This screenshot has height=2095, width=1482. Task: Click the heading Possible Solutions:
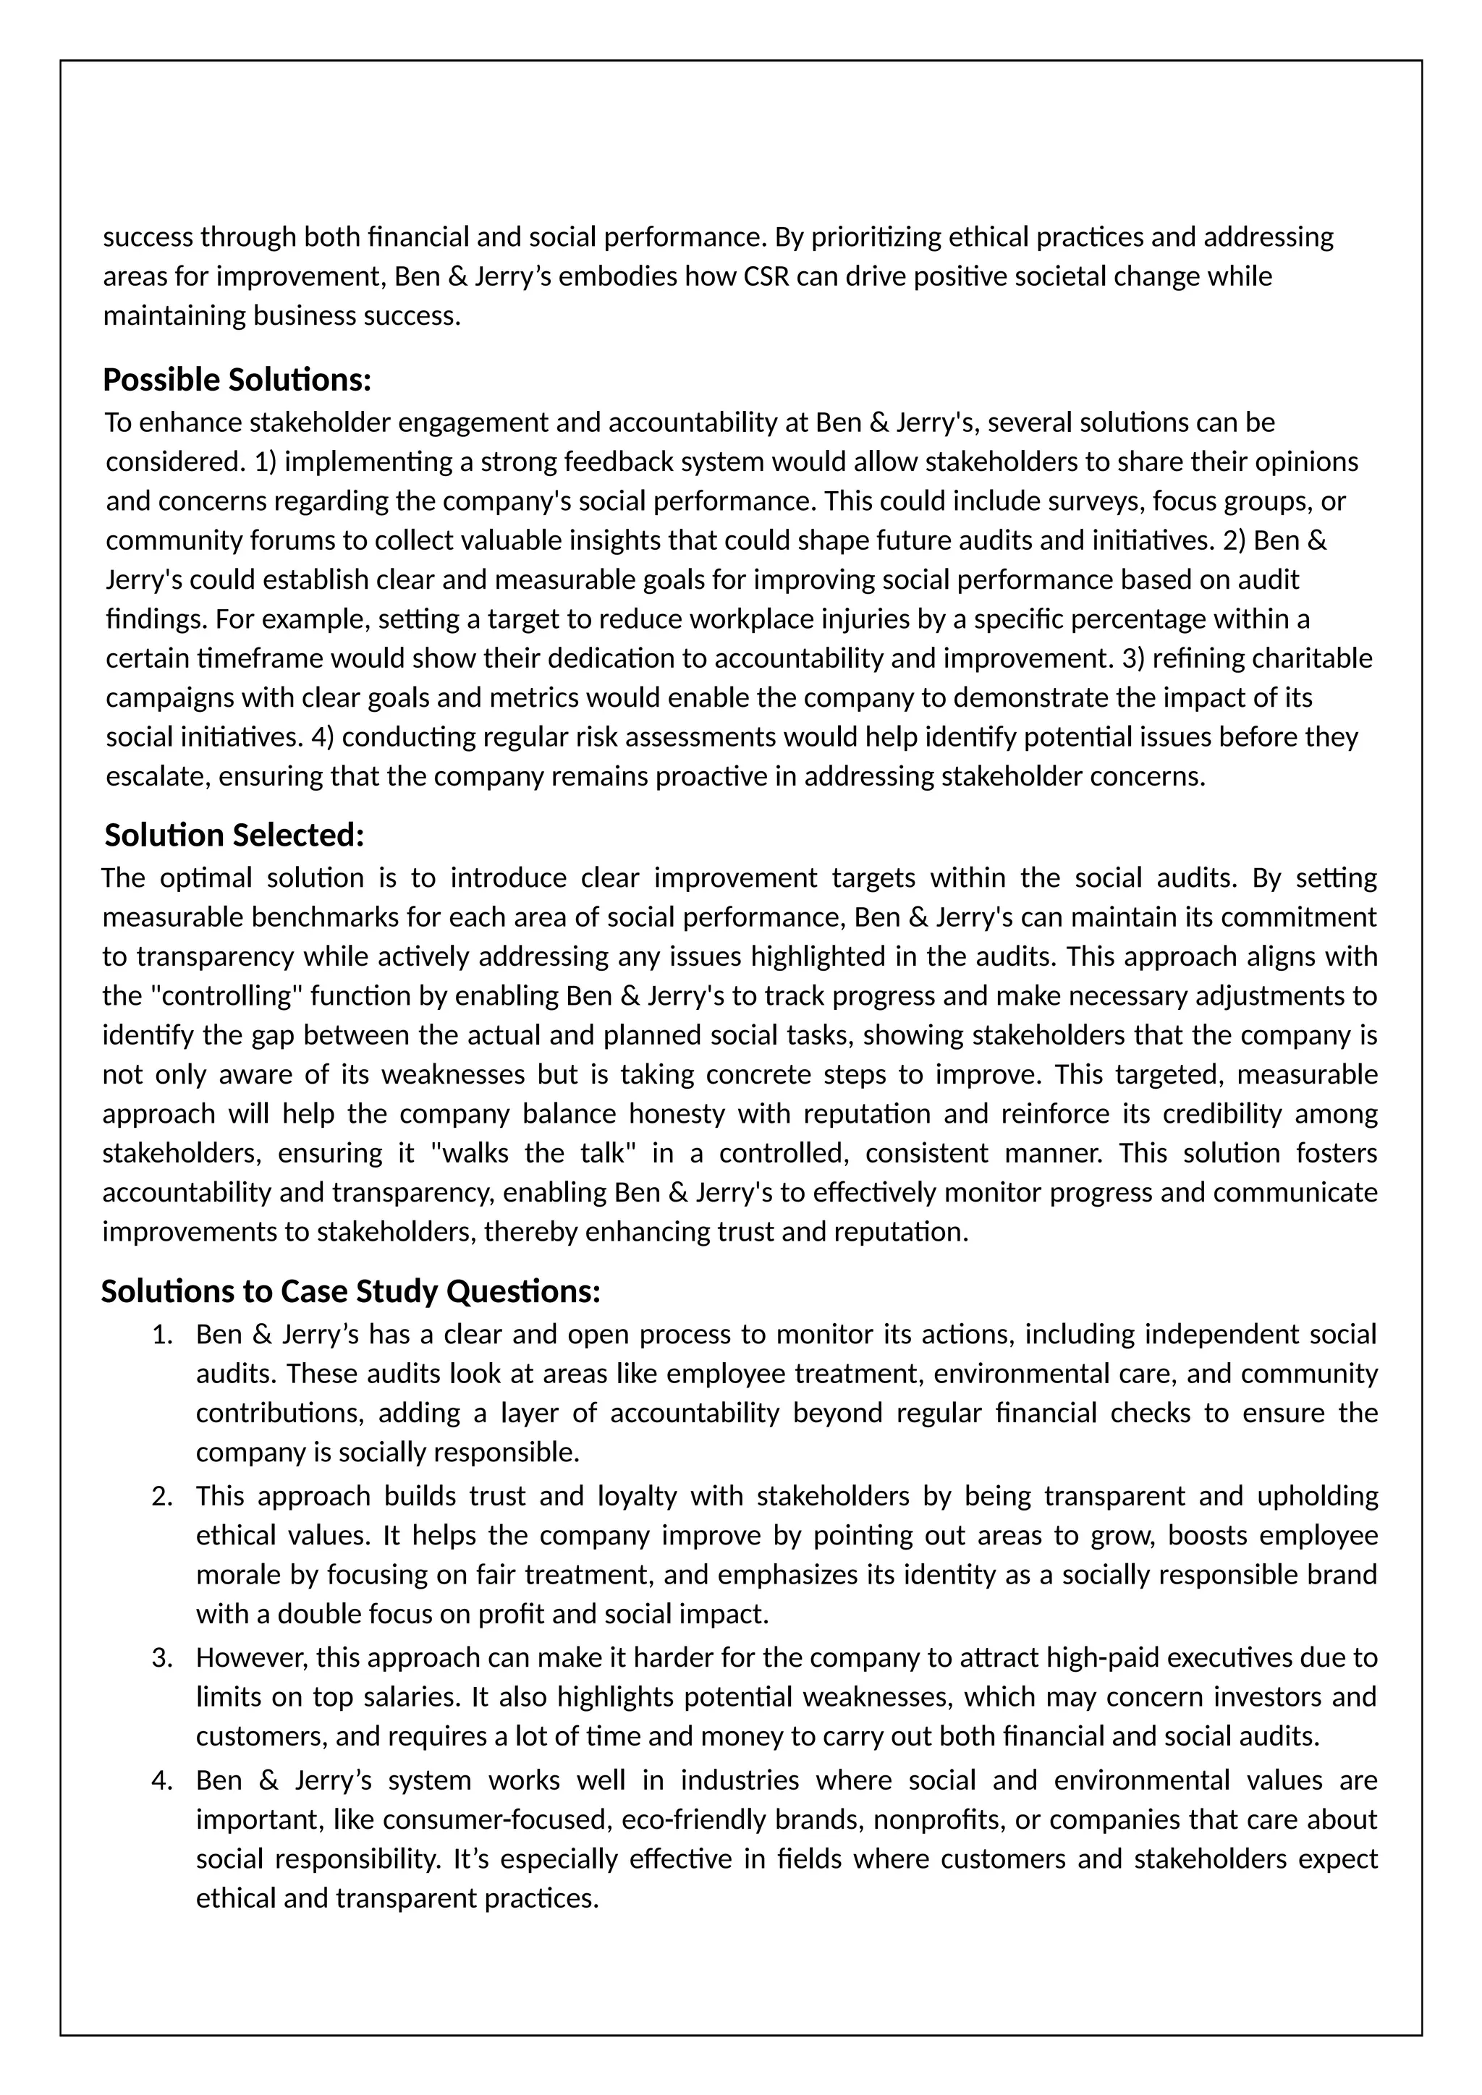click(237, 380)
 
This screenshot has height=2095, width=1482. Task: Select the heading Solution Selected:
click(234, 835)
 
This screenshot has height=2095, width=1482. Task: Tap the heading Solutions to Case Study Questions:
click(350, 1291)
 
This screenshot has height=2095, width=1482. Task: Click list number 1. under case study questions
click(161, 1335)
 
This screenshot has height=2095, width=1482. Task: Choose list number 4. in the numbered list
click(161, 1780)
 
